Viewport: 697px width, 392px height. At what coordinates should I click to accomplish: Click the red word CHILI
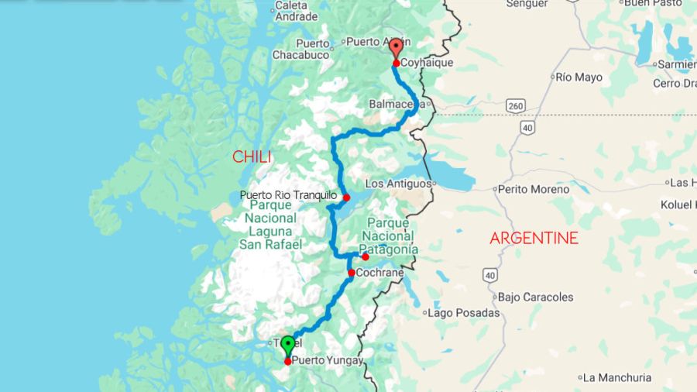(252, 157)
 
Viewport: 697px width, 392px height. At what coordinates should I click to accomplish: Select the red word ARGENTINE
(534, 238)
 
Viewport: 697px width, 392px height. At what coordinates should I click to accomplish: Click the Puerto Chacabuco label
(300, 48)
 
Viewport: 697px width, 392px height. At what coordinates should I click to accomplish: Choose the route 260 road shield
(516, 105)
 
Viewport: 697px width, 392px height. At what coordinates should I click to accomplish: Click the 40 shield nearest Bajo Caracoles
(489, 275)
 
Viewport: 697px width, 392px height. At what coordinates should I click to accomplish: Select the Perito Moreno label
(534, 189)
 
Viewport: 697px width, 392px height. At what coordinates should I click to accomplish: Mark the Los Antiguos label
(398, 184)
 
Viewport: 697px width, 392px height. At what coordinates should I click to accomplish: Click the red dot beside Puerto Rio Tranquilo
(346, 198)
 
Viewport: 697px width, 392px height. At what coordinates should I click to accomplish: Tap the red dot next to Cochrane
(352, 273)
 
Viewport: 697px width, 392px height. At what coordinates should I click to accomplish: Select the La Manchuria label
(617, 378)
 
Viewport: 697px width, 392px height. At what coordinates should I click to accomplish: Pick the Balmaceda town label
(395, 103)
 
